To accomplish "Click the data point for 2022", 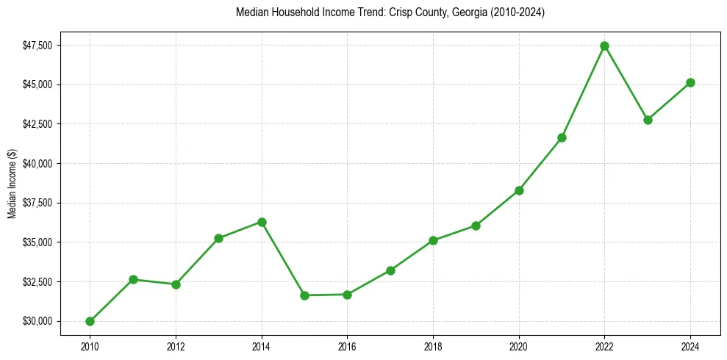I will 604,46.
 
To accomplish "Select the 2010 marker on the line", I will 90,321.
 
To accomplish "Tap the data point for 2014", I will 262,222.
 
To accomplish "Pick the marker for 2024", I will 690,82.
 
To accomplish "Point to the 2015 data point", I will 304,295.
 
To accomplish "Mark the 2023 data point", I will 648,120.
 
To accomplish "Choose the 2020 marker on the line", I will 519,190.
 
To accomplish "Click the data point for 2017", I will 390,270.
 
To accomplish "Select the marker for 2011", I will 133,279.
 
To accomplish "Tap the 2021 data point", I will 562,137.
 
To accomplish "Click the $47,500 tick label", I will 37,46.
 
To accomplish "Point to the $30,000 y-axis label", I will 37,321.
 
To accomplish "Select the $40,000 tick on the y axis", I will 37,163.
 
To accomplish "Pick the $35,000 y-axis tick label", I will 37,242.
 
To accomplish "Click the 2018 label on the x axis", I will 433,346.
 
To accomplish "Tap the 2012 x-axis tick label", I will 176,346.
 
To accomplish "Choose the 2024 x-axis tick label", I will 690,346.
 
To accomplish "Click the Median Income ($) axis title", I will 12,183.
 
